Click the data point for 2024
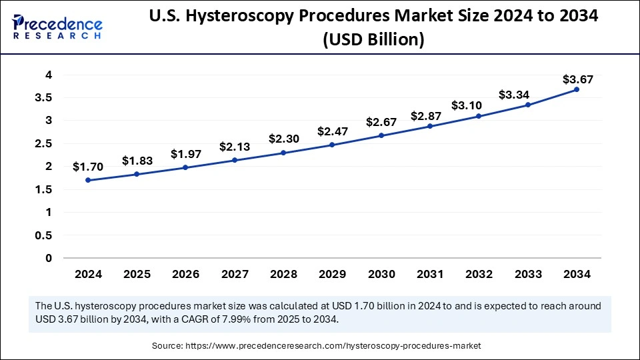(88, 180)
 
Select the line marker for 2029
(332, 145)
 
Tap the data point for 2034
(577, 89)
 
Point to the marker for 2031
(430, 126)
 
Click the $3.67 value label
(577, 79)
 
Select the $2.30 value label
(283, 140)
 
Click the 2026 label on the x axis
(185, 274)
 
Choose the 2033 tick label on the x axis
(527, 274)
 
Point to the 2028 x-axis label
(283, 274)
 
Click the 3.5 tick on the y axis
(43, 97)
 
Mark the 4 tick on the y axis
(49, 75)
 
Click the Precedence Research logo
(57, 26)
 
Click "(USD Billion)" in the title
(373, 40)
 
